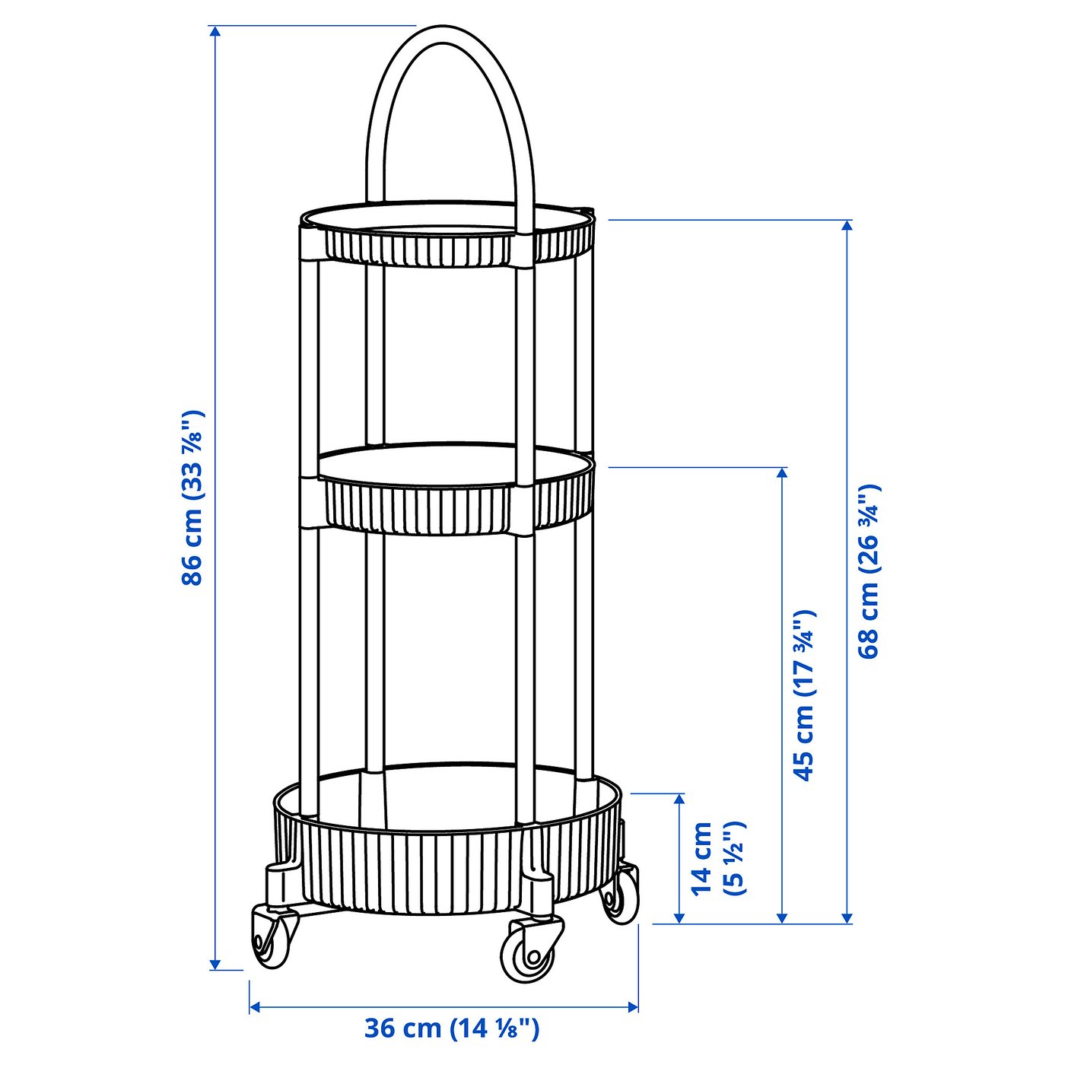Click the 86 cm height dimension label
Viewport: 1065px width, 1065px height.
pos(192,498)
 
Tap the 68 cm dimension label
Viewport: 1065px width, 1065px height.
pos(868,571)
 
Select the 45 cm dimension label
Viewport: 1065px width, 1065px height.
pos(804,695)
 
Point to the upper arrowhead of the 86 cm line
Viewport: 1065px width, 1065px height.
pos(215,31)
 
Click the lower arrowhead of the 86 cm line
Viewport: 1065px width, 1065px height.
pos(215,965)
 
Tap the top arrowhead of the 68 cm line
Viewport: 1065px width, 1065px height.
pos(847,225)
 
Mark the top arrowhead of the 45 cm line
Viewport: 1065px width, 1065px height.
pos(782,472)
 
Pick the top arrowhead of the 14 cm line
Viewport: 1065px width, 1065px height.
pos(679,799)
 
